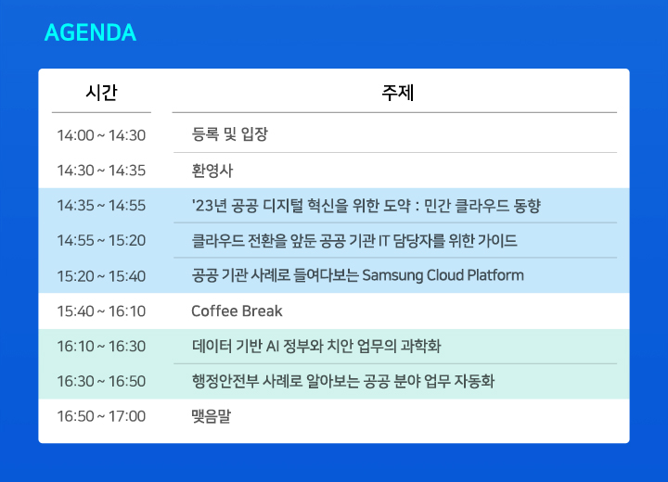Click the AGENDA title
(x=90, y=32)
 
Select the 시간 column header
(x=101, y=93)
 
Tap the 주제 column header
(x=398, y=93)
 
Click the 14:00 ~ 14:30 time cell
(x=101, y=135)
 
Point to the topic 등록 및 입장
(x=230, y=134)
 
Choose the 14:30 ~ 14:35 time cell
(x=101, y=171)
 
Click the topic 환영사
(x=212, y=171)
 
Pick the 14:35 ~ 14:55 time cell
(x=101, y=206)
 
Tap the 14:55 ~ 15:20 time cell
(x=101, y=241)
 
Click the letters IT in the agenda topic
(x=384, y=241)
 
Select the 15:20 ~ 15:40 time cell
(x=101, y=276)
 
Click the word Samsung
(x=392, y=276)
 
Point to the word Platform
(x=495, y=275)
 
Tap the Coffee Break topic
(x=237, y=311)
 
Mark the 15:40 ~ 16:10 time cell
(x=101, y=311)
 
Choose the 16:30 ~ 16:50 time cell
(x=101, y=381)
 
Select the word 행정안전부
(x=225, y=381)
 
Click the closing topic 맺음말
(x=212, y=416)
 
